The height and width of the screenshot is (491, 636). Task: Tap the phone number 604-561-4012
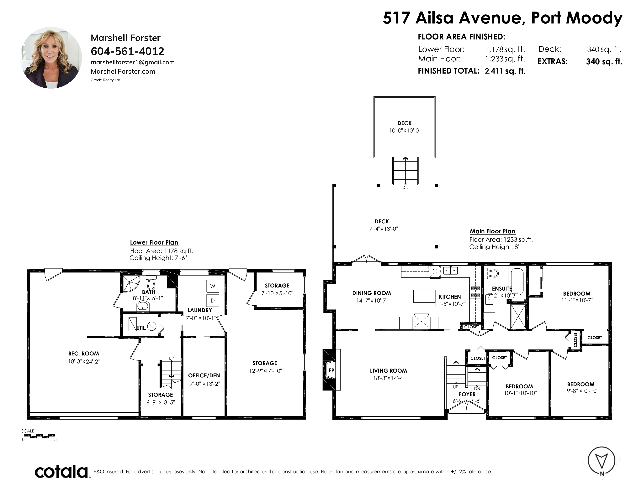coord(128,51)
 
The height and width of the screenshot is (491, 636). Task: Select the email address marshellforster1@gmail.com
coord(133,62)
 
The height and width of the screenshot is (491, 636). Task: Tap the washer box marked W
coord(213,286)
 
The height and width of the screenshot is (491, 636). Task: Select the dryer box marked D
coord(213,301)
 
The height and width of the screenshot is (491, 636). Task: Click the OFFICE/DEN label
coord(204,375)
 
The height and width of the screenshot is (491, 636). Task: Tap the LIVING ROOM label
coord(389,371)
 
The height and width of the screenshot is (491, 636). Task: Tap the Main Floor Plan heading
coord(492,231)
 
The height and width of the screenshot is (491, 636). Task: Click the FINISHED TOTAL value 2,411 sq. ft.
coord(505,71)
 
